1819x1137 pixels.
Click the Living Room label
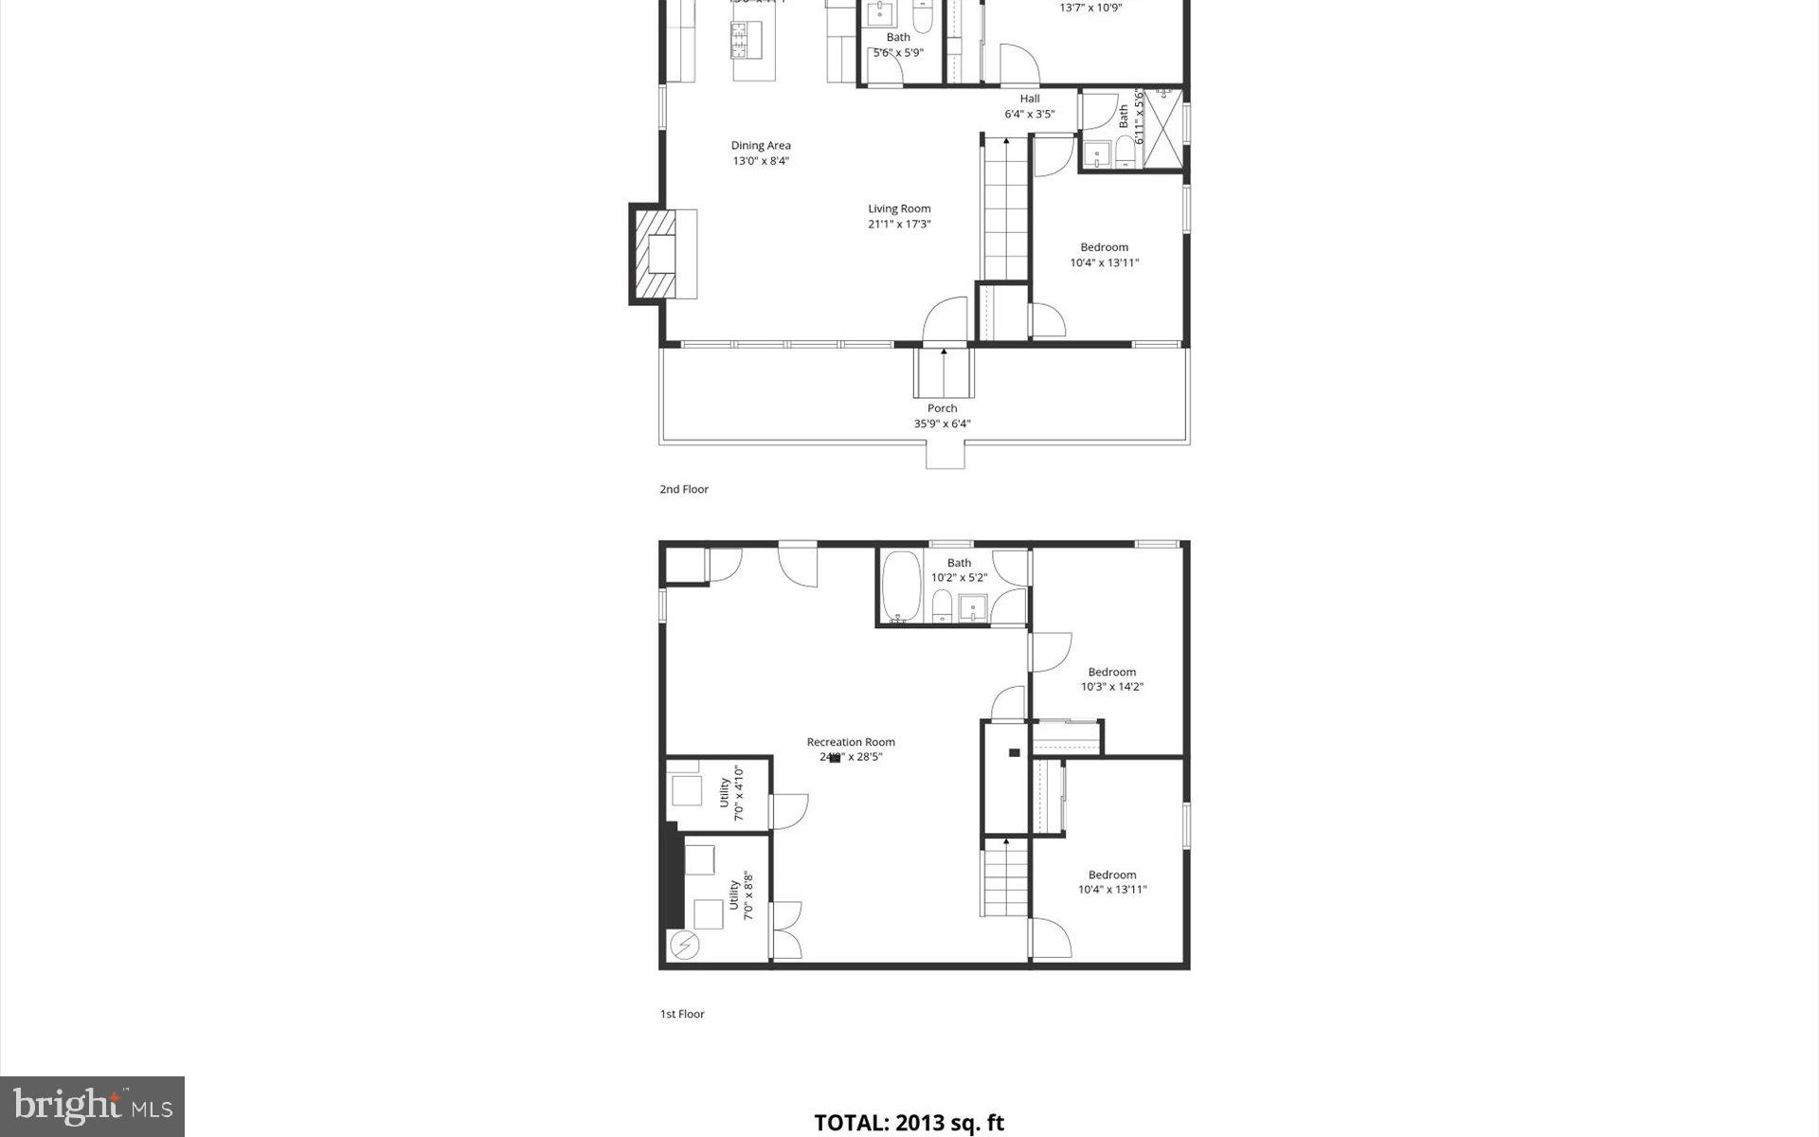coord(899,216)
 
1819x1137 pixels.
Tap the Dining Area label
coord(760,153)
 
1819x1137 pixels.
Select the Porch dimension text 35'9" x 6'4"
coord(942,424)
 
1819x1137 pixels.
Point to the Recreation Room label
coord(850,749)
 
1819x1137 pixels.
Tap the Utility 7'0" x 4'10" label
coord(730,793)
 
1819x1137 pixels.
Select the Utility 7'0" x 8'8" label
coord(740,895)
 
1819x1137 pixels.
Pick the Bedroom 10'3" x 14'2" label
coord(1111,679)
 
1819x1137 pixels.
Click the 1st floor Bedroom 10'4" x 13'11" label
coord(1111,882)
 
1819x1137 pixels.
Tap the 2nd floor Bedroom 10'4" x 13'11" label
coord(1104,255)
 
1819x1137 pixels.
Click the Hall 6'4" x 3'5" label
coord(1029,106)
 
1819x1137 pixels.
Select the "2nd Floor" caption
coord(684,489)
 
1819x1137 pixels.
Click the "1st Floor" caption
coord(682,1014)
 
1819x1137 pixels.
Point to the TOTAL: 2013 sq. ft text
coord(909,1123)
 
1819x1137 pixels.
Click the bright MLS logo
coord(92,1106)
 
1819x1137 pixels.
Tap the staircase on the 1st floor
coord(1004,878)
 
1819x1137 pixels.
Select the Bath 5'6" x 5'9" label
coord(897,45)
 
